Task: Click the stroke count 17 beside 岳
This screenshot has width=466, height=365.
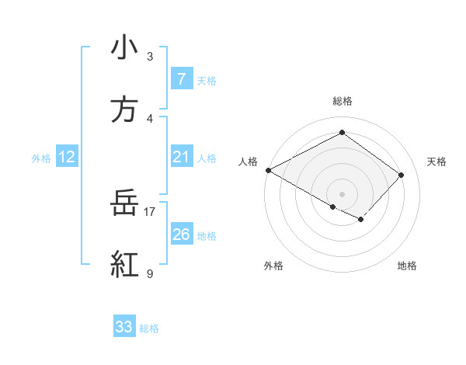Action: pos(150,210)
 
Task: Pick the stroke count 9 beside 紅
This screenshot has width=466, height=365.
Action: pos(150,273)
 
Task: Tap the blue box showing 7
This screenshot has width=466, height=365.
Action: pos(181,79)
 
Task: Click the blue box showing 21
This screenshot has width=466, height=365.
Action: pos(181,157)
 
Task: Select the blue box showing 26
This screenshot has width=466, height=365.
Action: pos(181,235)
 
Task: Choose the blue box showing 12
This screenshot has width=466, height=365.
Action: pos(67,157)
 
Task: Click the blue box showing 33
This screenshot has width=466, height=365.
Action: pos(124,327)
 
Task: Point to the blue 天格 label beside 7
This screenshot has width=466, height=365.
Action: pos(207,80)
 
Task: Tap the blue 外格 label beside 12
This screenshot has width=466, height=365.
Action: pos(41,158)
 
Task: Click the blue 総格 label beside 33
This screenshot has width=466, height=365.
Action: pos(149,328)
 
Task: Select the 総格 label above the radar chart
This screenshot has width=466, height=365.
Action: pos(342,101)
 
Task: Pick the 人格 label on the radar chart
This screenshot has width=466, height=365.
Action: pos(249,161)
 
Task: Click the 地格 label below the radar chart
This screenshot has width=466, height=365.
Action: pos(407,266)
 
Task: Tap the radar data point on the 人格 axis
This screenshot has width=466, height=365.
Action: pos(268,169)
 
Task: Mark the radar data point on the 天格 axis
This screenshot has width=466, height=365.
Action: pos(401,175)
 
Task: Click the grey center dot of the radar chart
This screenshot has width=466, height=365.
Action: pos(342,193)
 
